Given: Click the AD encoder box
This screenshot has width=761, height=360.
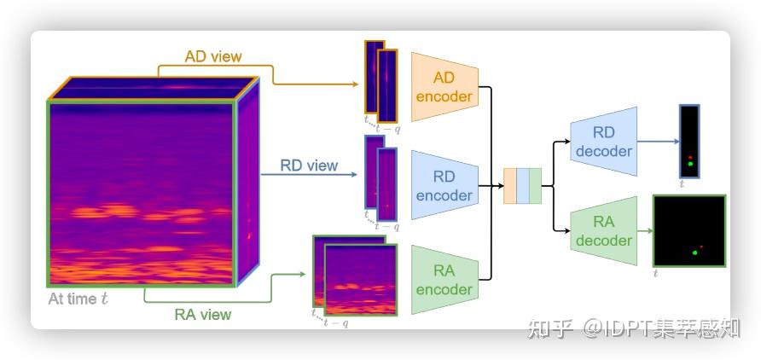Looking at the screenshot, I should (x=443, y=87).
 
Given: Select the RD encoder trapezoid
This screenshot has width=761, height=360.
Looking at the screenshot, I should (x=443, y=186).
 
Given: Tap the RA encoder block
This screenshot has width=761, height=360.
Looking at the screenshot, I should (x=443, y=280).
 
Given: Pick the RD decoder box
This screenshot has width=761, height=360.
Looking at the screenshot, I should (x=603, y=142).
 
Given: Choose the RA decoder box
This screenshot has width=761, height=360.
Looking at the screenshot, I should (x=603, y=231).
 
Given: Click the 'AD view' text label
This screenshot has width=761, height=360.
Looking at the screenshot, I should (x=213, y=57).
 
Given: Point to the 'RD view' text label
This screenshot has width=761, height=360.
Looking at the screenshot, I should (x=310, y=165).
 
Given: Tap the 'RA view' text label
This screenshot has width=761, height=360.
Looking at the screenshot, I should (x=203, y=314).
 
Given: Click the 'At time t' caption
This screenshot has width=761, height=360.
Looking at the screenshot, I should (x=78, y=299).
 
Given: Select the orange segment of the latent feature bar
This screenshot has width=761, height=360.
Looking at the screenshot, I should (x=509, y=186).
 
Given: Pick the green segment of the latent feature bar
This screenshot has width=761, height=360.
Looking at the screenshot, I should (x=535, y=186).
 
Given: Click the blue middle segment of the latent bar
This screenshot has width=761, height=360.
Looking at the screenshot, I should (x=522, y=186).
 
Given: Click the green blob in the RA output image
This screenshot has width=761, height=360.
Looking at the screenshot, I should (x=695, y=253).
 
